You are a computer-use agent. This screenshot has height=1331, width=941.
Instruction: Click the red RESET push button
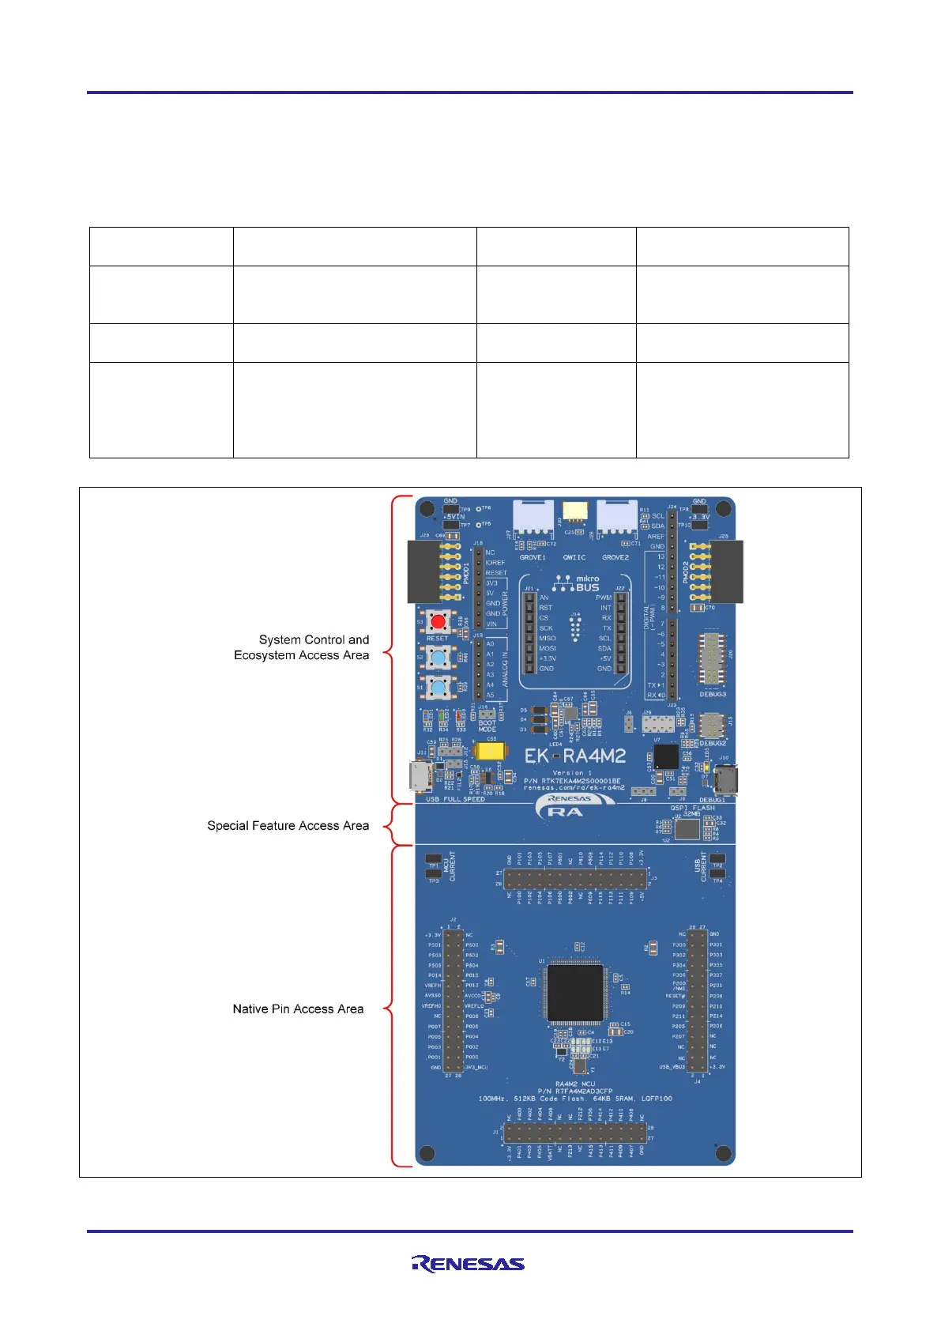click(438, 621)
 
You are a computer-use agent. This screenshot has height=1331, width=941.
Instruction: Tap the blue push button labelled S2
click(438, 658)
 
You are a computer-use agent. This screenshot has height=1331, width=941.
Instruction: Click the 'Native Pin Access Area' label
click(298, 1009)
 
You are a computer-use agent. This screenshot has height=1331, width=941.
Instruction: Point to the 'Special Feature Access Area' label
click(288, 826)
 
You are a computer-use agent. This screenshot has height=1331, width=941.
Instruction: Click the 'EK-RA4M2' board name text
click(575, 756)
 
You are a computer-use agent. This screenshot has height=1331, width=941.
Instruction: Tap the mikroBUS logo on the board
click(576, 583)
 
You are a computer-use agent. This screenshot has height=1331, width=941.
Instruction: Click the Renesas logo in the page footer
click(469, 1264)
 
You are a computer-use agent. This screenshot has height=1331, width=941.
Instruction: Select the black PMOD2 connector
click(725, 571)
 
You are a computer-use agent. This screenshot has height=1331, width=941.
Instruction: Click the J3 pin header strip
click(576, 878)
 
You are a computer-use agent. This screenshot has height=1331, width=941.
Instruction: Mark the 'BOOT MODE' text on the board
click(487, 726)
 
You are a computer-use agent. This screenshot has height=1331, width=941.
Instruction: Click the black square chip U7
click(666, 756)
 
